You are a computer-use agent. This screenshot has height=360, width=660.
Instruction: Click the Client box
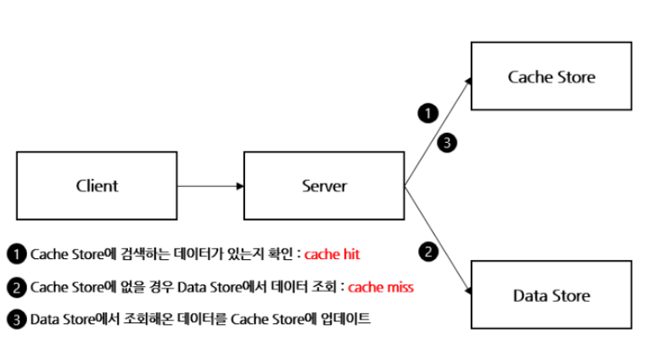point(97,185)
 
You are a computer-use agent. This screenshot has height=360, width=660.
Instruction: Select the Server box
point(324,185)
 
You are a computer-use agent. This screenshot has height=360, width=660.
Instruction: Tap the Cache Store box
point(552,76)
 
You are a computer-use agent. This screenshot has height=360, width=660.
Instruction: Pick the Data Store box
point(552,294)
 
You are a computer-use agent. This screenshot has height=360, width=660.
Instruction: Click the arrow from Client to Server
point(211,186)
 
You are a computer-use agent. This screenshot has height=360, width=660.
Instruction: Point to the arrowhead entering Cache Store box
point(468,81)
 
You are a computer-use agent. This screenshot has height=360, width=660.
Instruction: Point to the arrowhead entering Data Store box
point(468,290)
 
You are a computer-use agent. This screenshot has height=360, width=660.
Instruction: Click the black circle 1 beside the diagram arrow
point(428,113)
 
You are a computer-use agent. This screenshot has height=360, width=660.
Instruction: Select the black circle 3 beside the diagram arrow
point(447,143)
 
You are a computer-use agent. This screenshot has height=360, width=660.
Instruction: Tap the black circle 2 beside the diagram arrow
point(429,252)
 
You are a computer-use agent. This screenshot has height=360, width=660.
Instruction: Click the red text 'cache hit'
point(332,254)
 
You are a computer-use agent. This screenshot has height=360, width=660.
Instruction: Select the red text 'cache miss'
point(381,287)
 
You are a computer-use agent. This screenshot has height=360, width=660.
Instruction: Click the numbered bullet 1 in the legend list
point(17,254)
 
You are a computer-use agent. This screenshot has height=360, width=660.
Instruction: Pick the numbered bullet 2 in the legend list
point(17,287)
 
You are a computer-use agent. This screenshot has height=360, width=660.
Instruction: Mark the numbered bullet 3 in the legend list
point(17,320)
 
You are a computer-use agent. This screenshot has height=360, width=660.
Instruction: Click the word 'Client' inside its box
point(97,185)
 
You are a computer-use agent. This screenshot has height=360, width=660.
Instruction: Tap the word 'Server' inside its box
point(325,186)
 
